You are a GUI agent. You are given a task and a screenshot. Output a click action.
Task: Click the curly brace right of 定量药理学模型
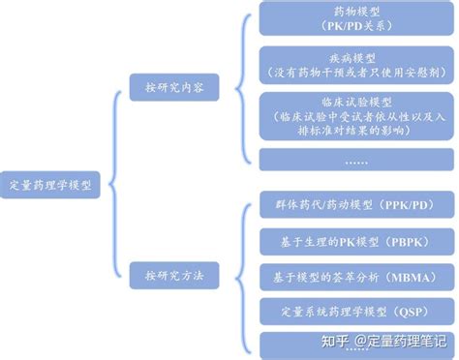tap(116, 184)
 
